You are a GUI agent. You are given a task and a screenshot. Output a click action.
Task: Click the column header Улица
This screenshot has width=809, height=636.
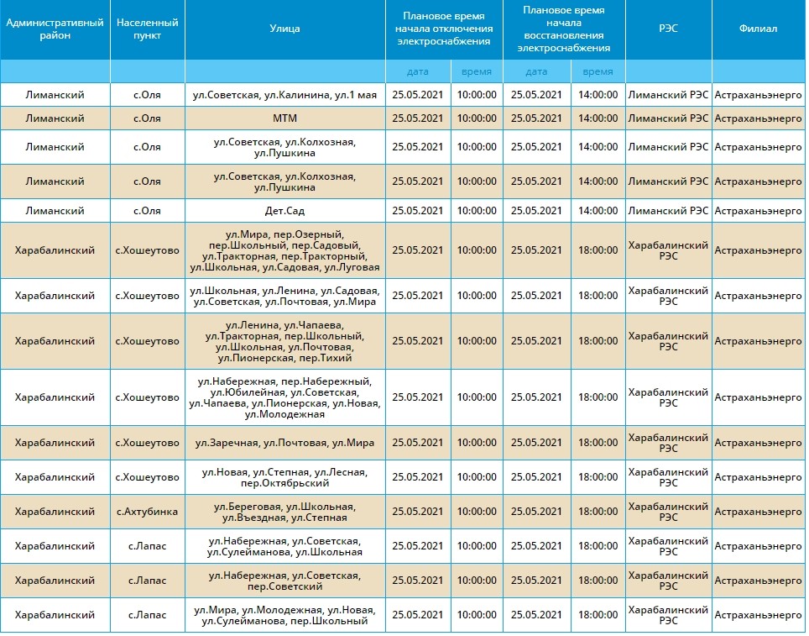(284, 29)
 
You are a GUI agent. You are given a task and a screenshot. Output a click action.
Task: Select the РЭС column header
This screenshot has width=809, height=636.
(668, 29)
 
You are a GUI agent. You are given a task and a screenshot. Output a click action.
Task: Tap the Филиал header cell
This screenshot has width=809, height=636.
(758, 29)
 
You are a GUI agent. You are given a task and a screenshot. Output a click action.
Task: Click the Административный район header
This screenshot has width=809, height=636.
(55, 29)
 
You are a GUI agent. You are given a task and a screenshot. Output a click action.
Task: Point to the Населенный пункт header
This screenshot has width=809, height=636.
(147, 29)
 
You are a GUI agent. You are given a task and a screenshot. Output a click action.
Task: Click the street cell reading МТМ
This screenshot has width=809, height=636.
(284, 118)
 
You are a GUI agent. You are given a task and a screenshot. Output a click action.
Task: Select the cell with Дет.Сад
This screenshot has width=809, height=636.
(284, 211)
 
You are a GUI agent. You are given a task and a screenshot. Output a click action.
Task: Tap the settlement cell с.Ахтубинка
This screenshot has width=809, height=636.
(147, 512)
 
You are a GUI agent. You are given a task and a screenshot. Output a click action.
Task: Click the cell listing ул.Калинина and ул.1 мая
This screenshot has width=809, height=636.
(284, 95)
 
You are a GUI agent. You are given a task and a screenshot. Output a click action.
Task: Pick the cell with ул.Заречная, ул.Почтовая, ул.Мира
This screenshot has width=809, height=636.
(284, 443)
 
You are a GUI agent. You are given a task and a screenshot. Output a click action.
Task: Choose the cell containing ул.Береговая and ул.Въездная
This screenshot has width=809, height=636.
(284, 512)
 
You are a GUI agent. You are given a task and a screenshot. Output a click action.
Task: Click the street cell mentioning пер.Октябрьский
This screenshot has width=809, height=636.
(284, 477)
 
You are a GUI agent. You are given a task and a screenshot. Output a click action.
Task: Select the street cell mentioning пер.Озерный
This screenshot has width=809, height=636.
(284, 250)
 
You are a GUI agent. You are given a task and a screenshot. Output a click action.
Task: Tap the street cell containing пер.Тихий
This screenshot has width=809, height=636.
(284, 341)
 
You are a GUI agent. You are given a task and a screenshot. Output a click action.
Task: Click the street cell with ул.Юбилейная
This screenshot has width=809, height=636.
(284, 398)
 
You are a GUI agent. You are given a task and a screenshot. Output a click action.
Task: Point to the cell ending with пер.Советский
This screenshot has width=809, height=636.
(284, 581)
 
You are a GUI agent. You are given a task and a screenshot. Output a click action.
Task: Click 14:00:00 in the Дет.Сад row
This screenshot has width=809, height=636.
(598, 211)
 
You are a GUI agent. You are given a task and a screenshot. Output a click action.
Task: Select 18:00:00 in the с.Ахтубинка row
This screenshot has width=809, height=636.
(598, 512)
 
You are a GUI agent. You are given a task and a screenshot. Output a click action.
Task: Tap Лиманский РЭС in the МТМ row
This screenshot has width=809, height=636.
(668, 118)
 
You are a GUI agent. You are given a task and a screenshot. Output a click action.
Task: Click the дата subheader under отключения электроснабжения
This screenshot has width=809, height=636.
(417, 71)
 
